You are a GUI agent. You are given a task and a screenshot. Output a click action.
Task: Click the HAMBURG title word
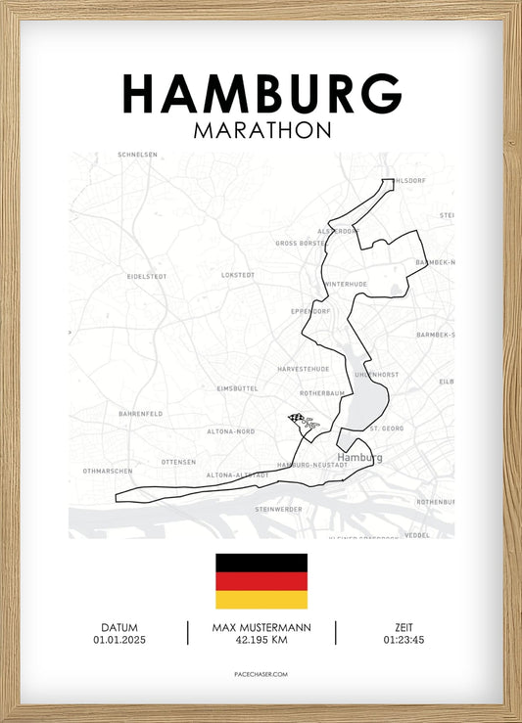coord(261,94)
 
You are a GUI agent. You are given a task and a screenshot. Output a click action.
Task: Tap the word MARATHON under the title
coord(261,130)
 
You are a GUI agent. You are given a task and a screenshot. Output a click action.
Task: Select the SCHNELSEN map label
coord(137,156)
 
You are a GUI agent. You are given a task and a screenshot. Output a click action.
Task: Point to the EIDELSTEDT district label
coord(147,277)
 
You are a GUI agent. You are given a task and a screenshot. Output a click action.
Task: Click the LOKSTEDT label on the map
coord(238,275)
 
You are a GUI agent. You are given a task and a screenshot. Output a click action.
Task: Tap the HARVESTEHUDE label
coord(303,369)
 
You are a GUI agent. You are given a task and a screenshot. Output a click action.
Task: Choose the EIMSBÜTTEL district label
coord(237,388)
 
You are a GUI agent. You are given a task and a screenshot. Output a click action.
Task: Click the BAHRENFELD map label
coord(140,414)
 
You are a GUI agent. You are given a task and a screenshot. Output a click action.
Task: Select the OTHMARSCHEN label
coord(107,471)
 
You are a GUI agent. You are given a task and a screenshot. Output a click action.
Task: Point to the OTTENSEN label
coord(179,462)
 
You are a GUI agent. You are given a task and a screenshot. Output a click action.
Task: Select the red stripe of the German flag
coord(261,581)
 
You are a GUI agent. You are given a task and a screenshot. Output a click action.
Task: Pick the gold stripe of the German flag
coord(261,600)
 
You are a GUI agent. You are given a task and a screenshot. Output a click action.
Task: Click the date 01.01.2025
coord(119,640)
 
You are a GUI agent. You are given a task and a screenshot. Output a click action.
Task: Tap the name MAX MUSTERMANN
coord(261,627)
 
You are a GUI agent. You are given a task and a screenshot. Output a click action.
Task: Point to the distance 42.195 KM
coord(261,640)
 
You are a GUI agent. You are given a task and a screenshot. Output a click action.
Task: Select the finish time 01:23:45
coord(403,640)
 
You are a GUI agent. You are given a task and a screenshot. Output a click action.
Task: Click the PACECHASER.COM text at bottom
coord(261,674)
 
